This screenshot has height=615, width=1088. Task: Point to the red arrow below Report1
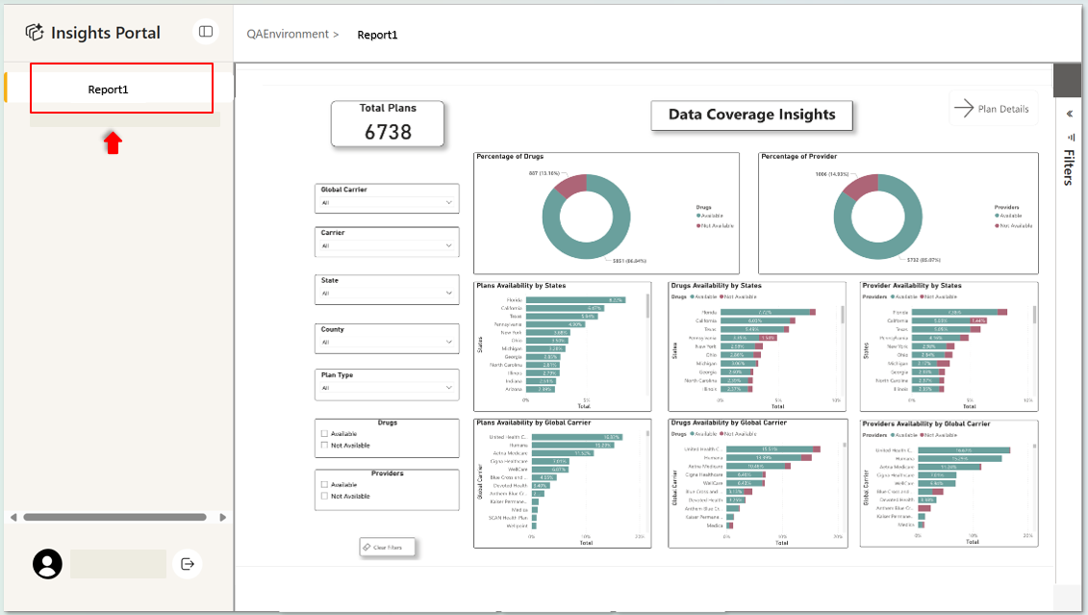click(x=114, y=143)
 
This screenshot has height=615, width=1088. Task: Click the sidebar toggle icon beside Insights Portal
click(x=206, y=32)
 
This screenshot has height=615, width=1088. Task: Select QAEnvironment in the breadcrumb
click(x=287, y=35)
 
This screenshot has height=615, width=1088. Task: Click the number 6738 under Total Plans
click(x=388, y=132)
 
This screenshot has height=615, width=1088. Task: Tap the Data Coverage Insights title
click(x=751, y=115)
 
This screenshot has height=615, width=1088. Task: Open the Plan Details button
click(x=992, y=109)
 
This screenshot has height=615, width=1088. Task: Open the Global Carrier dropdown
click(x=387, y=203)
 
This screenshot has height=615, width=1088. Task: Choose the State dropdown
click(x=387, y=293)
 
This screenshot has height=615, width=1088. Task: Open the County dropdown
click(x=387, y=341)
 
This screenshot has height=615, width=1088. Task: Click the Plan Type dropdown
click(x=387, y=388)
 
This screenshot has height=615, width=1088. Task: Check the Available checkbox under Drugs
click(x=325, y=434)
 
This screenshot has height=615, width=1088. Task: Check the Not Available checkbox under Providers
click(x=325, y=496)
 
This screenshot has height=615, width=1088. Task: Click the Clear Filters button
click(x=389, y=548)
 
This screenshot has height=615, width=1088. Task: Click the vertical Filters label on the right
click(x=1069, y=167)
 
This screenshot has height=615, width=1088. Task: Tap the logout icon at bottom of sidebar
click(x=188, y=564)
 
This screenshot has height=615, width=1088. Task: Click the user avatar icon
click(x=47, y=564)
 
